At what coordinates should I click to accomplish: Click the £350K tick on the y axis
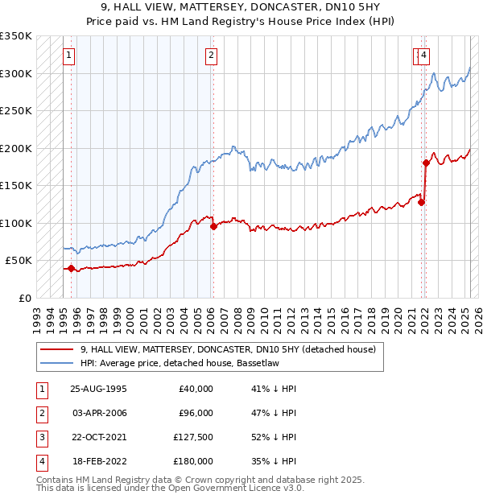16,36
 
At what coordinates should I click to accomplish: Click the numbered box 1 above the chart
69,56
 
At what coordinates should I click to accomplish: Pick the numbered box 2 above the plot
210,56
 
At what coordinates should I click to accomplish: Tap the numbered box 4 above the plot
423,56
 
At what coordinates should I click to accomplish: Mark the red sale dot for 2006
213,227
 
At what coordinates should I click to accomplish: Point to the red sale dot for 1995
71,269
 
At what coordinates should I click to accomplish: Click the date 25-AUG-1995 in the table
99,389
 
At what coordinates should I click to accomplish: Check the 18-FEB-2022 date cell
98,461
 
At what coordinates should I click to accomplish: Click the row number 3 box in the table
40,437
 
